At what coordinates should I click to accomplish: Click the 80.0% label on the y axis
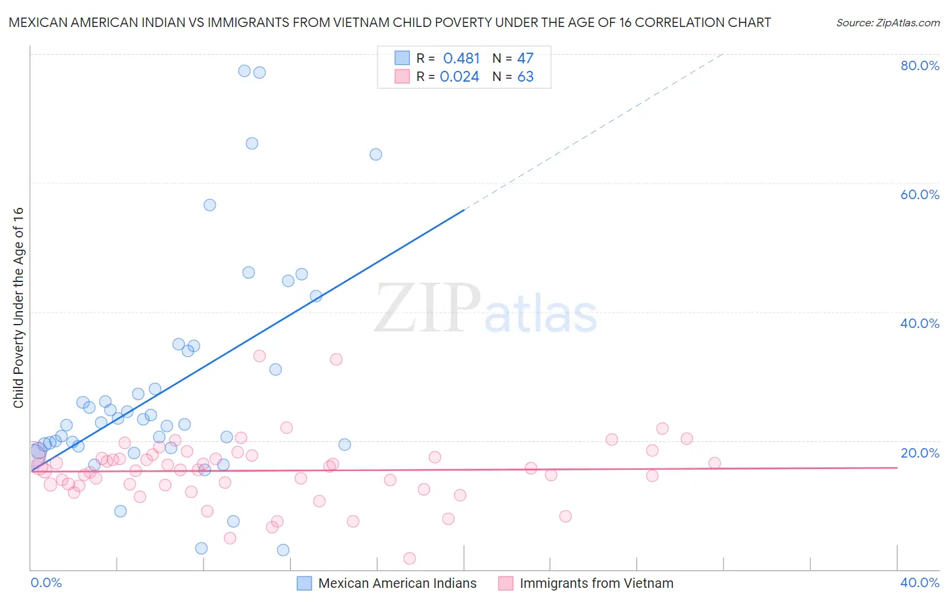pos(920,65)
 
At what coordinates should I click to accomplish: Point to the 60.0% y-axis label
pos(920,194)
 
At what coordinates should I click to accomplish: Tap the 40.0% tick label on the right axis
pos(920,323)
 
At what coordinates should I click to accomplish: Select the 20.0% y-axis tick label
pos(920,452)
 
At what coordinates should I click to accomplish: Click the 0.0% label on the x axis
pos(46,582)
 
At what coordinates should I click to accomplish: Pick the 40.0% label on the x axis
pos(920,582)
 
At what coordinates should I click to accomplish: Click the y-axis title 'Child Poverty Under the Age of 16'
pos(18,307)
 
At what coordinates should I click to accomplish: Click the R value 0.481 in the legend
pos(461,59)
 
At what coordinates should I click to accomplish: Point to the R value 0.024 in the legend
pos(459,77)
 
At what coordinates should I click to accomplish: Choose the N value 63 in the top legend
pos(525,77)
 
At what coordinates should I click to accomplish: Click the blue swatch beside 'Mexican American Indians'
pos(305,583)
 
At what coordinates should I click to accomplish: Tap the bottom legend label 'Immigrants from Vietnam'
pos(596,583)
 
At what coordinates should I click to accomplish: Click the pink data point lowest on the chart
pos(409,558)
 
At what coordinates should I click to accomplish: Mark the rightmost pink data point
pos(715,463)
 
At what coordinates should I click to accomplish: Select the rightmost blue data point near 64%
pos(376,155)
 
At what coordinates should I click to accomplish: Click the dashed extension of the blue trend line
pos(593,132)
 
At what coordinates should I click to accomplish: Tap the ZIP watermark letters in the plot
pos(427,308)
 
